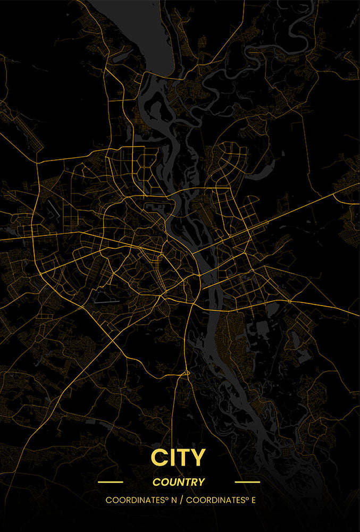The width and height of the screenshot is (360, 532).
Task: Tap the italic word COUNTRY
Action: [x=179, y=483]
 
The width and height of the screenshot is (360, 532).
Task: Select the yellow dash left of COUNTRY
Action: [x=111, y=483]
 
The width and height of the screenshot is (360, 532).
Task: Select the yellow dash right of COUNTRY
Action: [x=247, y=483]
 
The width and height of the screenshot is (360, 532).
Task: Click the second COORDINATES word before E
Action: [x=215, y=500]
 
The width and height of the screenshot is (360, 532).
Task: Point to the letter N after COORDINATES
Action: [x=173, y=500]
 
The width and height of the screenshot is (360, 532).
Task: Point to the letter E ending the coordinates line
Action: [x=253, y=500]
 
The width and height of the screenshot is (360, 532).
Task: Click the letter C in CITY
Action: [x=158, y=458]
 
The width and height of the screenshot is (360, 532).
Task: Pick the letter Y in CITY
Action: [x=197, y=458]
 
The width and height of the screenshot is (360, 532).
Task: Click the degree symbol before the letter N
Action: [x=166, y=499]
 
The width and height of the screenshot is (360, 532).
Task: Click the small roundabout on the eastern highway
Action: [x=289, y=301]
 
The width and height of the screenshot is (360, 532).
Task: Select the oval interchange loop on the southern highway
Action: [x=185, y=374]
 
